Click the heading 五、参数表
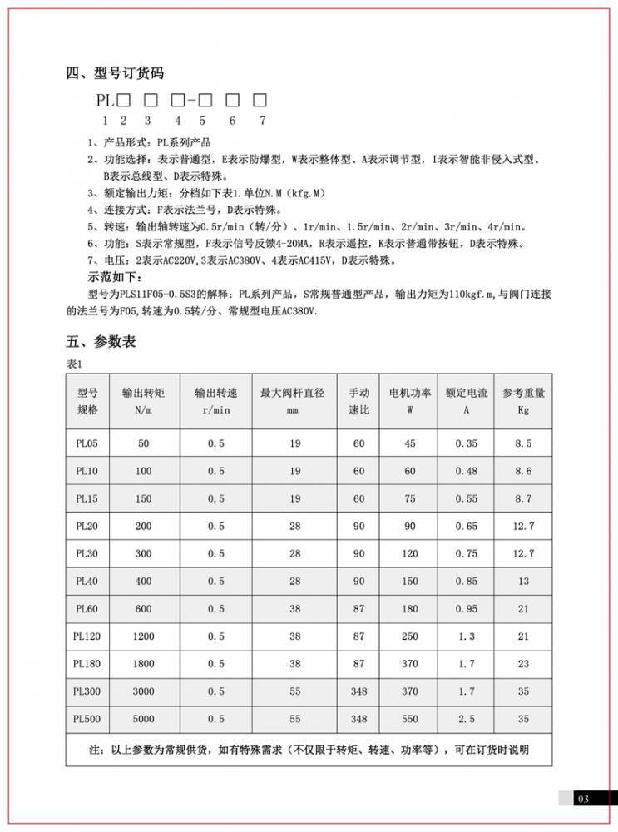point(101,341)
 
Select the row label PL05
point(87,443)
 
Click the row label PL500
point(87,718)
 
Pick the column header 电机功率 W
point(410,400)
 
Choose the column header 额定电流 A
point(467,400)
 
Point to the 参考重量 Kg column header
point(523,400)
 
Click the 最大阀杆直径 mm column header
point(292,400)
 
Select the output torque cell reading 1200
point(143,636)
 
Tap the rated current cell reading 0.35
point(467,443)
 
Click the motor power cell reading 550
point(410,718)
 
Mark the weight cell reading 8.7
point(523,498)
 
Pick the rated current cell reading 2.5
point(467,718)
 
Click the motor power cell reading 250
point(410,636)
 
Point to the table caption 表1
point(75,364)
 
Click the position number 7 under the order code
point(262,120)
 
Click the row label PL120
point(87,636)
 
